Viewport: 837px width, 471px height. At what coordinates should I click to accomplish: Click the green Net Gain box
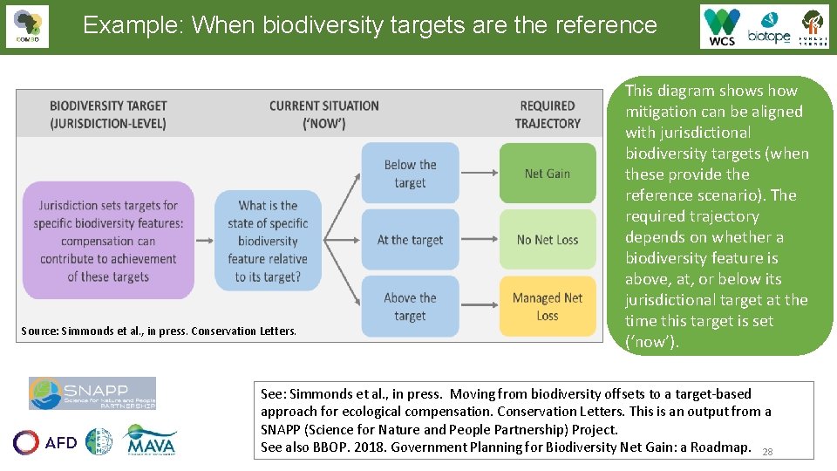click(x=548, y=174)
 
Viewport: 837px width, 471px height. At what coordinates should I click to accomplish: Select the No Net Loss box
click(x=548, y=240)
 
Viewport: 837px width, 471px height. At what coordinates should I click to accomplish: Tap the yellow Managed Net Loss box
click(x=548, y=306)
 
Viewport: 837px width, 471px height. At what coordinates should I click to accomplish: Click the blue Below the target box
click(x=410, y=174)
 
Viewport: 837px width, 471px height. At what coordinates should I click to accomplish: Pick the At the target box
click(x=410, y=240)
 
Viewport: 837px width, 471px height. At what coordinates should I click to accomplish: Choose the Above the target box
click(x=410, y=306)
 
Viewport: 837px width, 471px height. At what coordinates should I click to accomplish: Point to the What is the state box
click(x=268, y=241)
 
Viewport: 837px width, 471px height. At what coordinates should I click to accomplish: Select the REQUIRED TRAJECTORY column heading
click(x=548, y=114)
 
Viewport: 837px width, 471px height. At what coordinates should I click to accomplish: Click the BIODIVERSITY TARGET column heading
click(x=108, y=114)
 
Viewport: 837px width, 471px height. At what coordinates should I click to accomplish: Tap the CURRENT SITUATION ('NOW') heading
click(x=323, y=114)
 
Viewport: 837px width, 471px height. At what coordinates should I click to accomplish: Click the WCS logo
click(x=722, y=26)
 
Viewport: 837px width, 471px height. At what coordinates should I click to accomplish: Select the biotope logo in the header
click(x=768, y=26)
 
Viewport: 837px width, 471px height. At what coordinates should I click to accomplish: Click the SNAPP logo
click(x=92, y=393)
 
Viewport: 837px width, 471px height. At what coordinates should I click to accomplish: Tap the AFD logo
click(x=45, y=442)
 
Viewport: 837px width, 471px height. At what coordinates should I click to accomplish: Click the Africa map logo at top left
click(x=27, y=26)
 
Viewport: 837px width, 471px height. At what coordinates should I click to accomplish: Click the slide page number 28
click(x=767, y=452)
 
